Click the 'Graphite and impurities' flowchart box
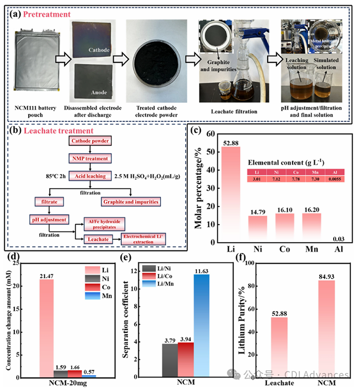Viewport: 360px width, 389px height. point(132,201)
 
